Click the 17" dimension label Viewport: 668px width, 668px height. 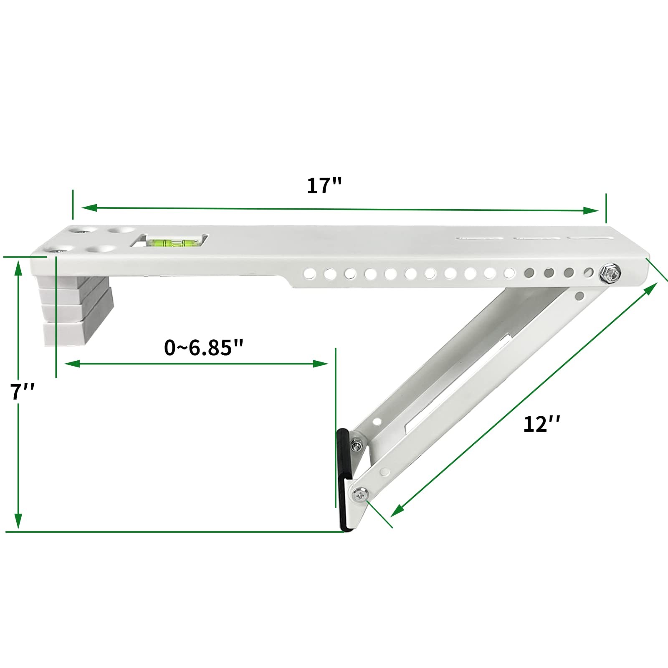pyautogui.click(x=324, y=186)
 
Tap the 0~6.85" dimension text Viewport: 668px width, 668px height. pyautogui.click(x=203, y=347)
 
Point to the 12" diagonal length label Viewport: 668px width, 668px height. pyautogui.click(x=541, y=425)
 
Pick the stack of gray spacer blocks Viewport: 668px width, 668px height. pyautogui.click(x=75, y=310)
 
